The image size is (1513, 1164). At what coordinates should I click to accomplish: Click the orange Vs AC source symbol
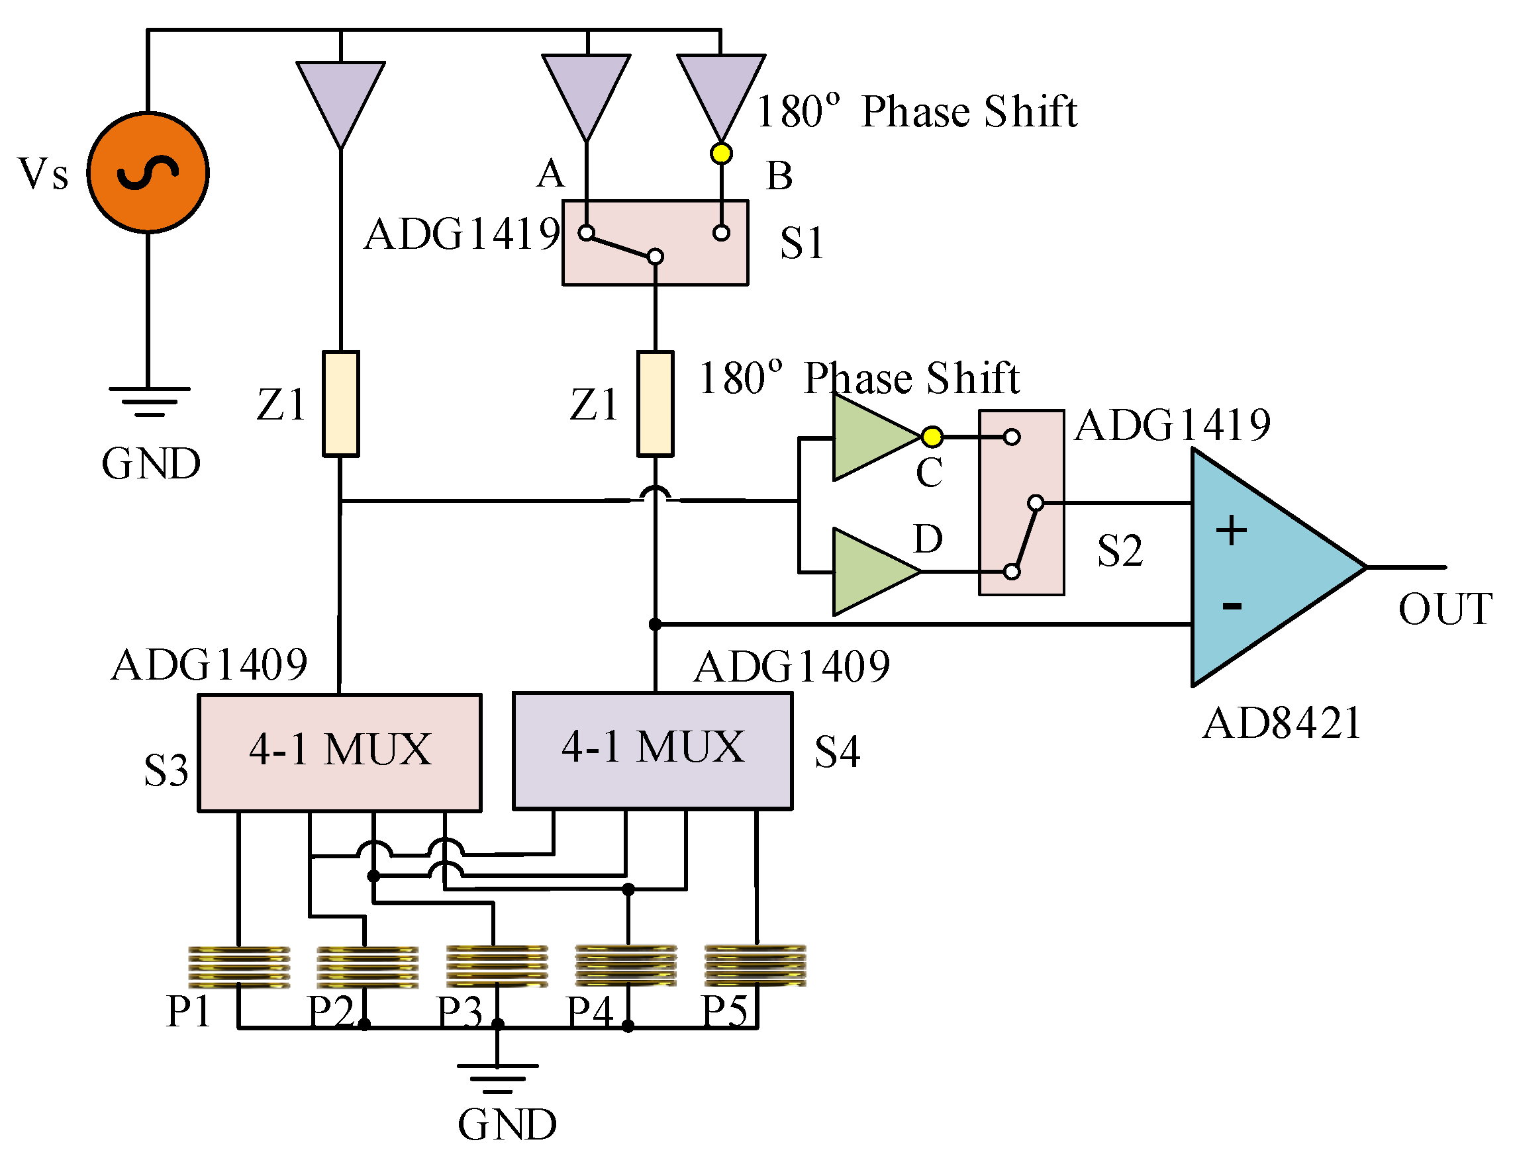[x=148, y=173]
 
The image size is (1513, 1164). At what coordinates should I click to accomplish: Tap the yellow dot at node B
[x=721, y=153]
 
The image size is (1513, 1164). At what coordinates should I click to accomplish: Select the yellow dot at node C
[x=932, y=437]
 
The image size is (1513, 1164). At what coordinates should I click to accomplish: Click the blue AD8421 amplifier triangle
[x=1261, y=568]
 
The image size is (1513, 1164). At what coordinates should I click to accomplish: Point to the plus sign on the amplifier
[x=1231, y=531]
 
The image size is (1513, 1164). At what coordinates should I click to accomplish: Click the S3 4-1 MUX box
[x=340, y=752]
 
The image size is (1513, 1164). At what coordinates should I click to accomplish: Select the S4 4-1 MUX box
[x=653, y=750]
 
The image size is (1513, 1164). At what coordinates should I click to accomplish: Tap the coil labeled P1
[x=239, y=967]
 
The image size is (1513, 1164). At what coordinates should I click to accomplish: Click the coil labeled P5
[x=755, y=965]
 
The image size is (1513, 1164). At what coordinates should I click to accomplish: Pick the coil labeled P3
[x=497, y=966]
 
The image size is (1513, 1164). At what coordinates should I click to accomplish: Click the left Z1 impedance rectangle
[x=341, y=404]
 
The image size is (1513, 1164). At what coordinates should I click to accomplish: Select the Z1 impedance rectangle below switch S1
[x=656, y=404]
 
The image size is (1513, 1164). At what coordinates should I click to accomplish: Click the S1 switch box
[x=656, y=242]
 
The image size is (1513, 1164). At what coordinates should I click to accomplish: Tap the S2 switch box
[x=1021, y=503]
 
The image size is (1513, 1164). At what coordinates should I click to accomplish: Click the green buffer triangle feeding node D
[x=870, y=572]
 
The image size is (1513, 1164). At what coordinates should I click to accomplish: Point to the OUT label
[x=1444, y=609]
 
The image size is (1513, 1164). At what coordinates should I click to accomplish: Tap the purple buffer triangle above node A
[x=587, y=90]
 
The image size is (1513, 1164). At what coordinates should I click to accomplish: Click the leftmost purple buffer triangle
[x=341, y=97]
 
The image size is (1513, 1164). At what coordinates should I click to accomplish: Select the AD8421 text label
[x=1282, y=723]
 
